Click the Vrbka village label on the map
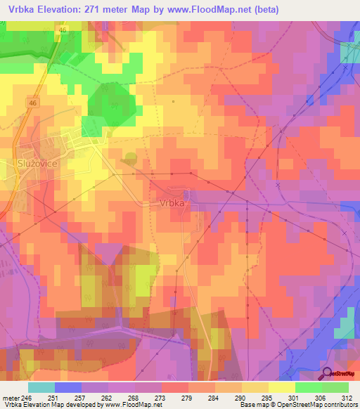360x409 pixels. (168, 202)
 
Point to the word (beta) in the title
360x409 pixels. (264, 10)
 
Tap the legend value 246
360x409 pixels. (28, 397)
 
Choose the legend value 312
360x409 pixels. (348, 397)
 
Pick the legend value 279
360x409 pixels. (188, 397)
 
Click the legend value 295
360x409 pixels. (268, 397)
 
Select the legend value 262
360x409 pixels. (108, 397)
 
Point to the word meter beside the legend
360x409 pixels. (10, 397)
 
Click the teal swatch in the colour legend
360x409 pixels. (41, 387)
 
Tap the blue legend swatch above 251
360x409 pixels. (68, 387)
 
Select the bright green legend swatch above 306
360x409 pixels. (309, 387)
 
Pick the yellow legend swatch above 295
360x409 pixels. (255, 387)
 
